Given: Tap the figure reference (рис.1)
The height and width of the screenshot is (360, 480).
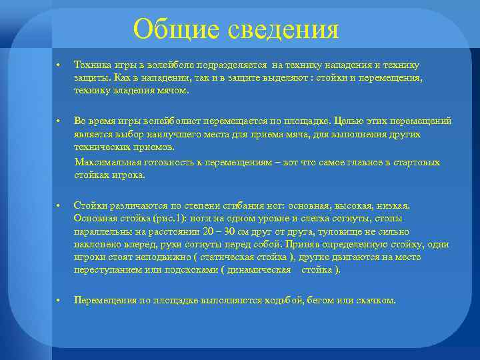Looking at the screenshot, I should [x=161, y=219].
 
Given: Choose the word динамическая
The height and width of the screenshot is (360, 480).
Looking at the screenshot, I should [x=257, y=270].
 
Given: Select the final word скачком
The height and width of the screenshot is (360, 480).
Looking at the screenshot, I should [x=377, y=301].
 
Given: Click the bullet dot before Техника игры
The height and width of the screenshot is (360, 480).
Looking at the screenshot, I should [x=59, y=65].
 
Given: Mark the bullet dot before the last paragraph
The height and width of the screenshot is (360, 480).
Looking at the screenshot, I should [x=59, y=301].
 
